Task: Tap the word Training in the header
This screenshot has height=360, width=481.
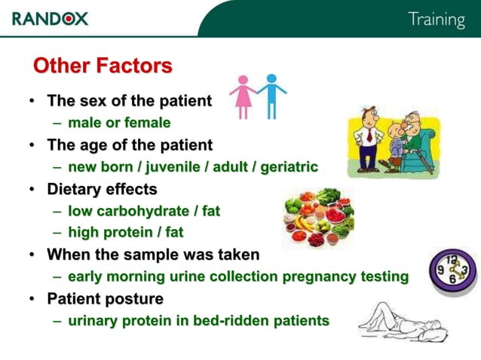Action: tap(436, 19)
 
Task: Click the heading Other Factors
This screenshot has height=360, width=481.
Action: tap(103, 66)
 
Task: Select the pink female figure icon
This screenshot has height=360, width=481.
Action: tap(244, 96)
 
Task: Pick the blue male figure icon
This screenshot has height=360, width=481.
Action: tap(271, 95)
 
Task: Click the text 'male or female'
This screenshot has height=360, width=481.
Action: tap(119, 122)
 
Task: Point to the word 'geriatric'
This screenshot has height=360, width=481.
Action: tap(289, 166)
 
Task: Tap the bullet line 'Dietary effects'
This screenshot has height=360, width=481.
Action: tap(102, 189)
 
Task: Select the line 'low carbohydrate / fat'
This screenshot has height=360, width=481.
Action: tap(144, 211)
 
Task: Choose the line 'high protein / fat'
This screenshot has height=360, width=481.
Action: tap(125, 233)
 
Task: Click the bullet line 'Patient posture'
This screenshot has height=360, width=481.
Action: tap(105, 299)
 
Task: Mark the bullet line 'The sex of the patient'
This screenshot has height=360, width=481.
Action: tap(129, 100)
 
